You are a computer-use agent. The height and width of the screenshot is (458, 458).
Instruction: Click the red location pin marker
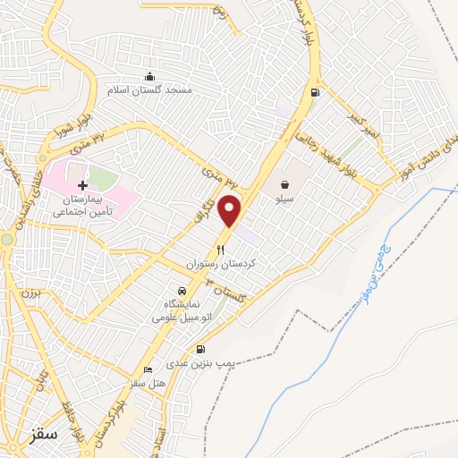(231, 209)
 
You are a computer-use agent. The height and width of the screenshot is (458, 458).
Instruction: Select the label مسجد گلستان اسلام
(149, 90)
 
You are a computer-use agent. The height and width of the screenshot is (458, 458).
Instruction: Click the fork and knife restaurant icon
(220, 250)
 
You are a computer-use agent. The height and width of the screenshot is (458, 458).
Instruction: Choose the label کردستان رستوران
(220, 265)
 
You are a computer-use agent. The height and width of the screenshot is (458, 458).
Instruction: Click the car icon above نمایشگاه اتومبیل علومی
(182, 290)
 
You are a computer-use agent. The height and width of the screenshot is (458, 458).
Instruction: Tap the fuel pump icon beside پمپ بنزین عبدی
(199, 349)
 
